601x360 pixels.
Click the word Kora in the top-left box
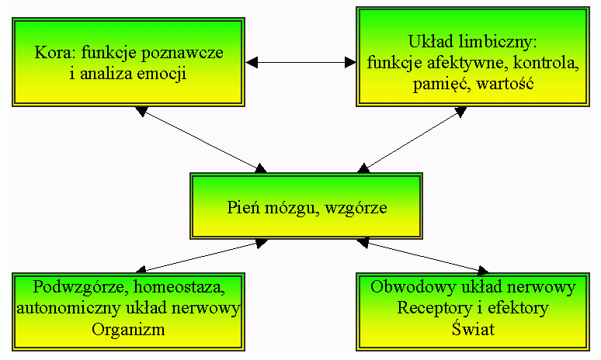51,54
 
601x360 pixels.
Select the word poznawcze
189,54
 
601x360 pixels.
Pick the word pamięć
436,83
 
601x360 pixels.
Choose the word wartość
505,83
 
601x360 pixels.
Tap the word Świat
473,328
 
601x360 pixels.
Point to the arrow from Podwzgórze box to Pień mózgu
201,257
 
